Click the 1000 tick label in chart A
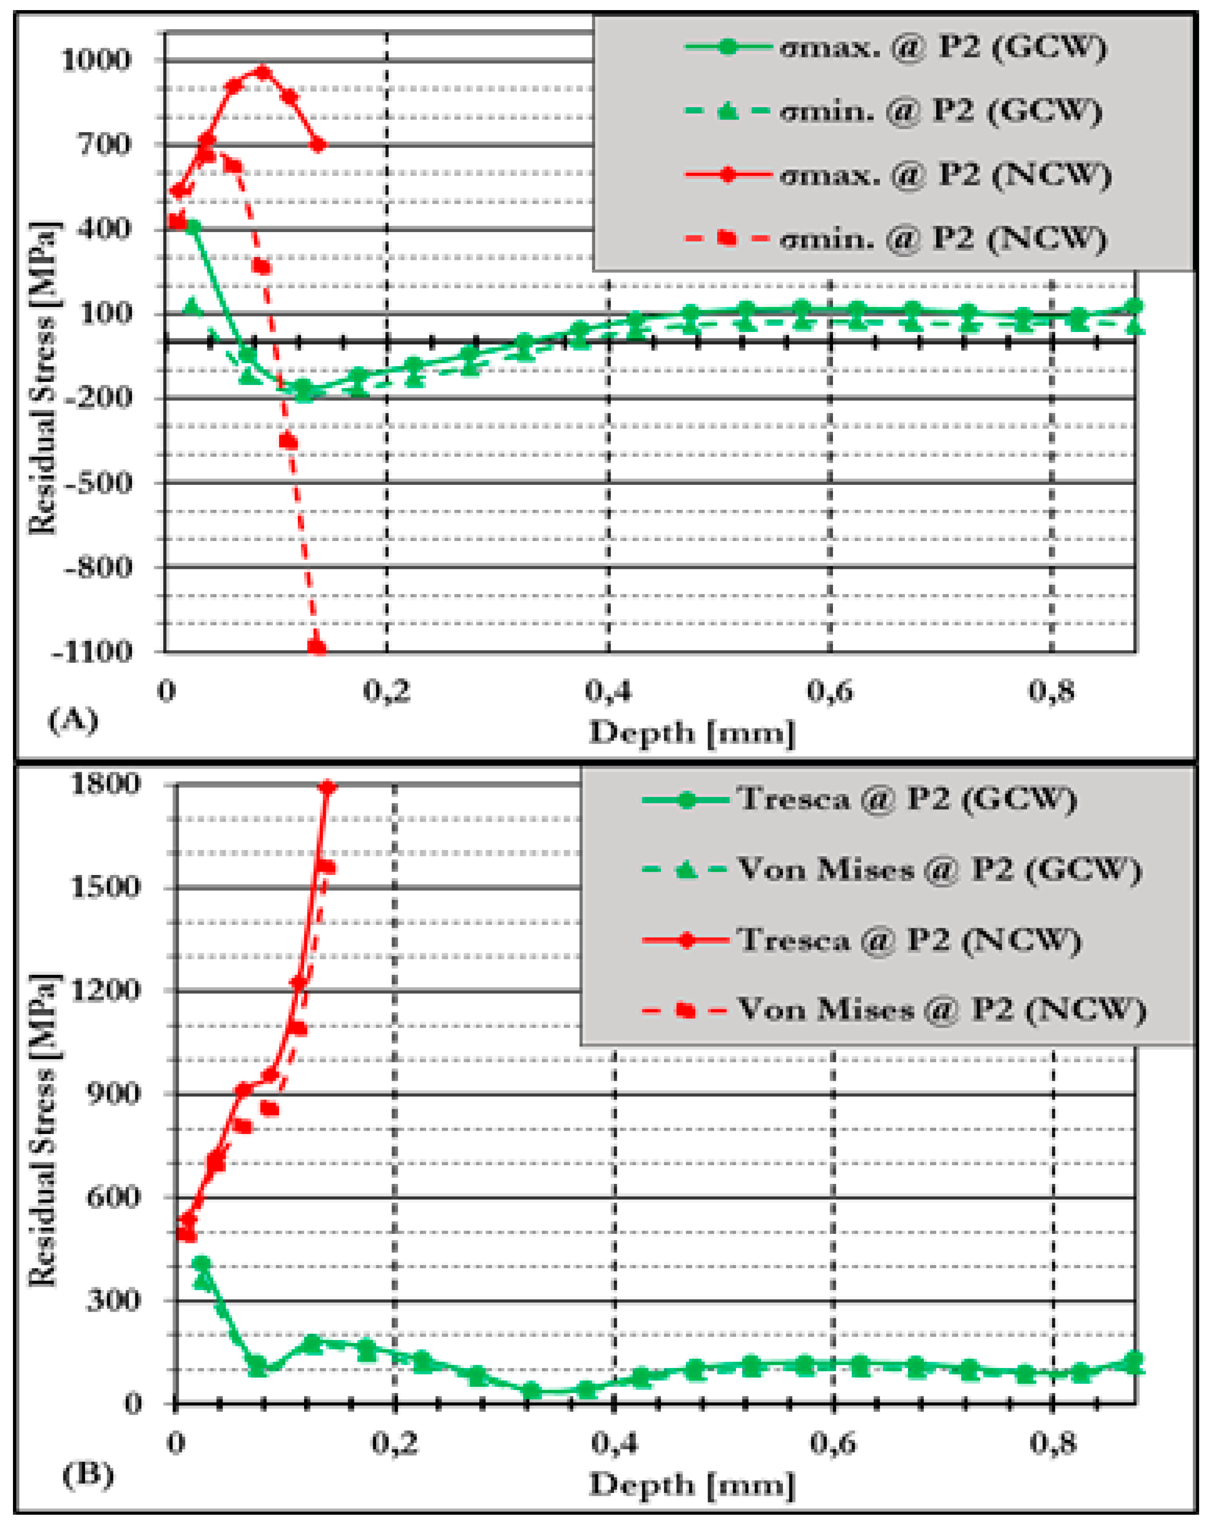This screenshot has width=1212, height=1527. coord(96,60)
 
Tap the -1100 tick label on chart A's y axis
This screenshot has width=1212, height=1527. coord(92,651)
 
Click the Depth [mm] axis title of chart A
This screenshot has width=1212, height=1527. coord(692,732)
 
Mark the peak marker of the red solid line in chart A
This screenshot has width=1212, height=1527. coord(263,72)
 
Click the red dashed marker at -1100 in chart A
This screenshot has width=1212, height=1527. coord(317,647)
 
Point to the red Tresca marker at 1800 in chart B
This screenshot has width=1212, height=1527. coord(327,787)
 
